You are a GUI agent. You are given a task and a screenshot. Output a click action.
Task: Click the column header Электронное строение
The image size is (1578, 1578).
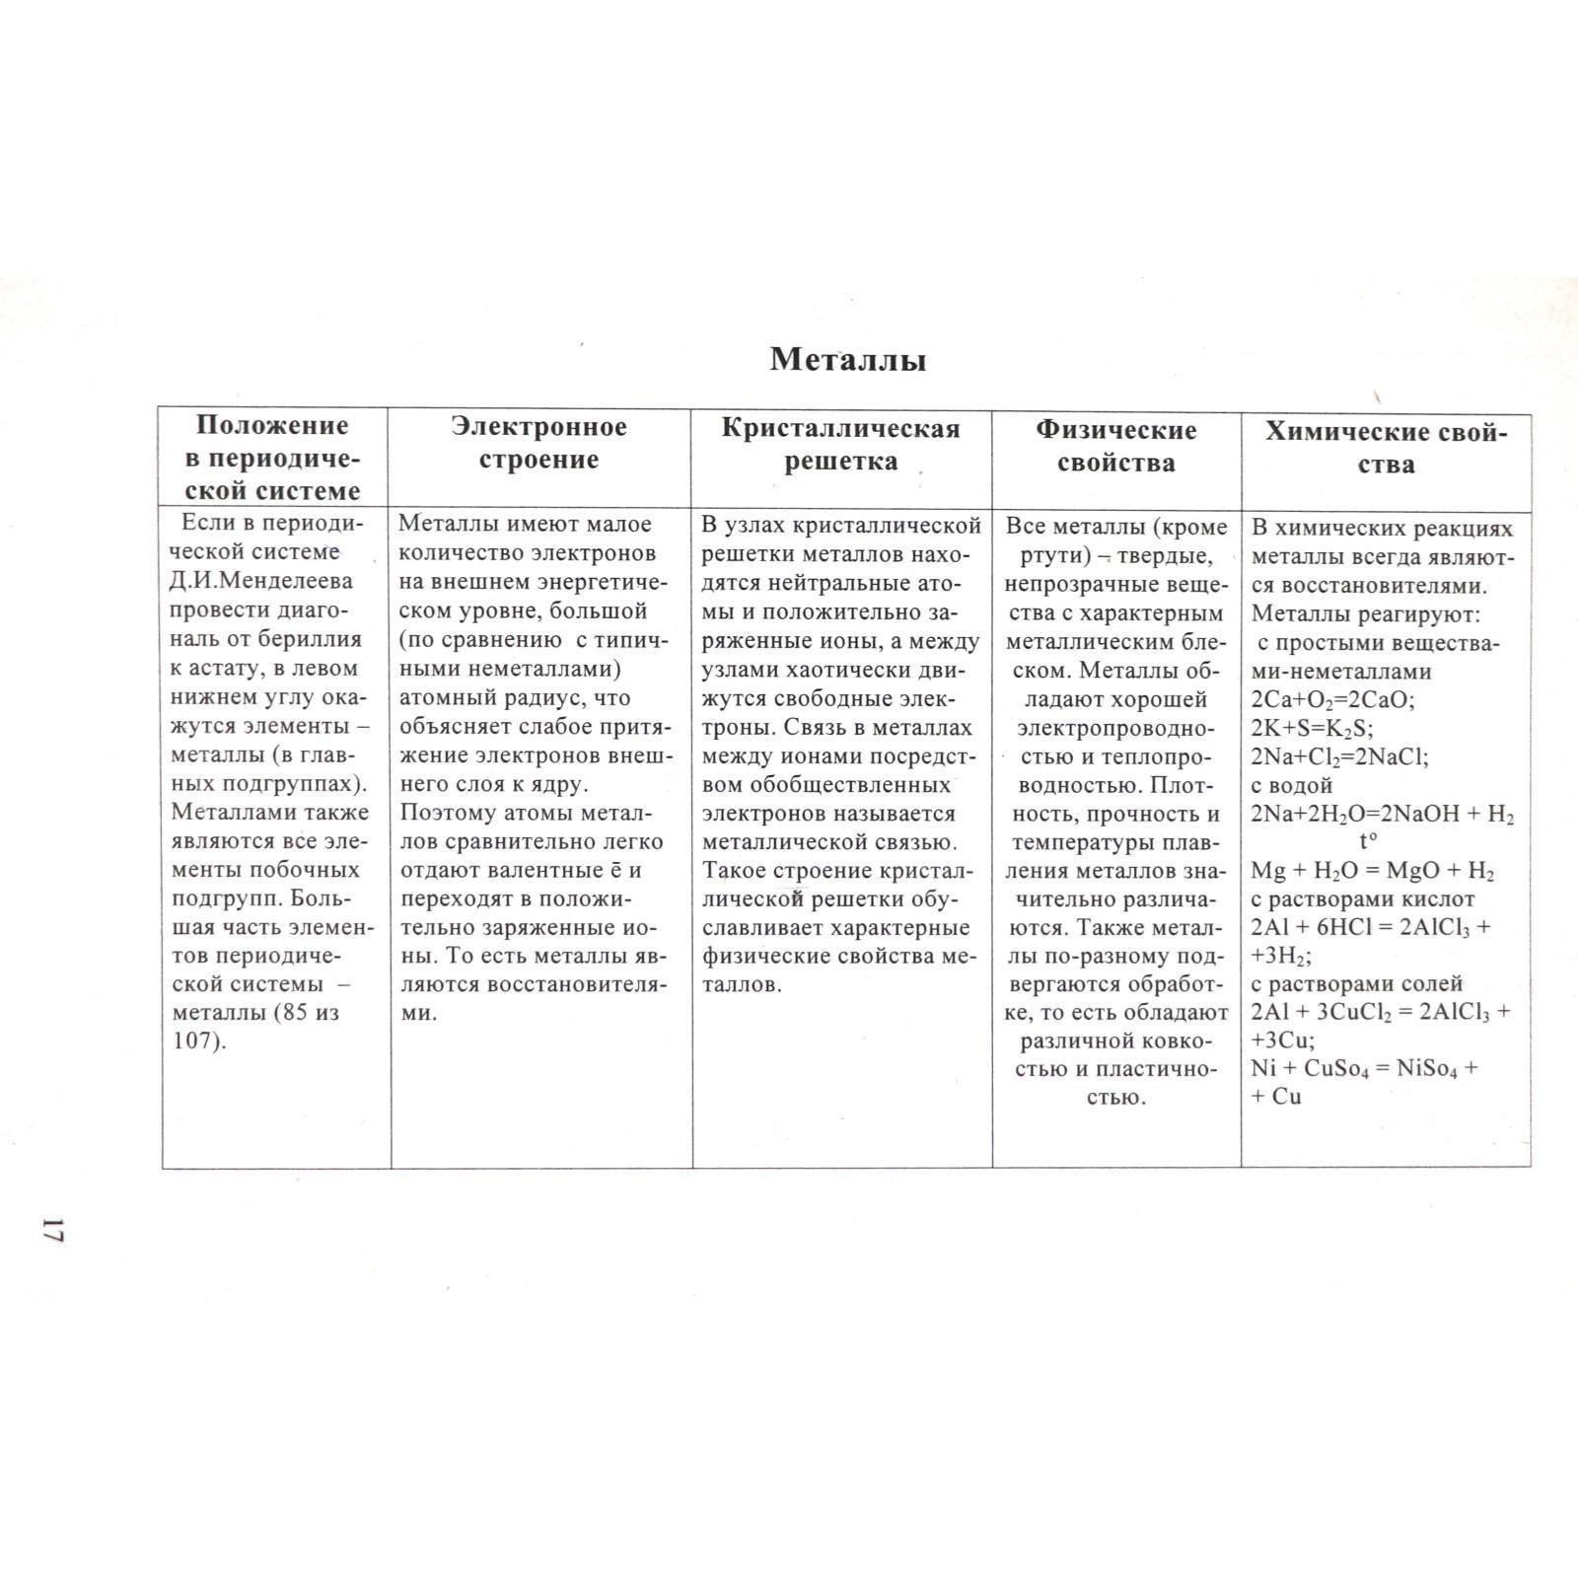538,443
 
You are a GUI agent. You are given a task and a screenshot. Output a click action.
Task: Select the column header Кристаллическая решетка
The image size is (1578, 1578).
840,445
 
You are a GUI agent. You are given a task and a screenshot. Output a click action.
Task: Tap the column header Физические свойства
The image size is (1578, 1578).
1115,446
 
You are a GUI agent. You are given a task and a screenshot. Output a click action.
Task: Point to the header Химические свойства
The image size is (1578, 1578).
1386,448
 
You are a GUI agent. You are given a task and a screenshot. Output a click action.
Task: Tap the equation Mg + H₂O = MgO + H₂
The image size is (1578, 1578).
1372,872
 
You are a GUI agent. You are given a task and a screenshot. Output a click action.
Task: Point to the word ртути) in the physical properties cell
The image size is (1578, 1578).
1054,557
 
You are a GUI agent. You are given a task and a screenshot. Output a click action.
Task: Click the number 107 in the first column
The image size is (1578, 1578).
194,1041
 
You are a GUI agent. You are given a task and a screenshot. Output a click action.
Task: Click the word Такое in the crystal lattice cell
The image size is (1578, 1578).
736,872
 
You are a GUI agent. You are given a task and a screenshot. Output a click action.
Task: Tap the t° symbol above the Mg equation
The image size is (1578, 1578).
1368,842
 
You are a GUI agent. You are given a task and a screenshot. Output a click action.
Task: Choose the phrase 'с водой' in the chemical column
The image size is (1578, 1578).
1292,786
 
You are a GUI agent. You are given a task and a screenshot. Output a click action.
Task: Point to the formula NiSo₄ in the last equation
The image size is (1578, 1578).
1427,1069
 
